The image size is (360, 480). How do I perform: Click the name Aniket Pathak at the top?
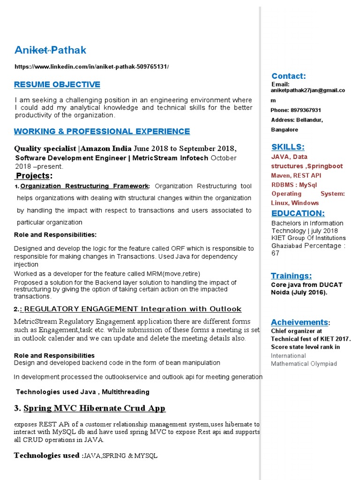point(50,50)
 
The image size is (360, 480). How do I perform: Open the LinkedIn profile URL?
point(91,67)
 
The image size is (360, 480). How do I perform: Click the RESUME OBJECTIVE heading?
point(57,84)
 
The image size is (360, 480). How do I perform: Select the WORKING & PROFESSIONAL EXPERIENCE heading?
point(102,131)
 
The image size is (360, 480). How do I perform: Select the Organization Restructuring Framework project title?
point(85,186)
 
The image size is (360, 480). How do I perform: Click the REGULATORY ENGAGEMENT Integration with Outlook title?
point(133,309)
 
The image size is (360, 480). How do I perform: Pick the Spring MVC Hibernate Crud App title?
point(94,408)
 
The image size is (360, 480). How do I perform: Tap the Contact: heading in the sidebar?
point(289,76)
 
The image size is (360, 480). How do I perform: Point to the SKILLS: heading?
point(288,147)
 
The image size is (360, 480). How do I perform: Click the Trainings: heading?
point(291,275)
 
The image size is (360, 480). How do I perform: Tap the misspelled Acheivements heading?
point(299,322)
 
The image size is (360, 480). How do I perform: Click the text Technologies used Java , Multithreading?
point(82,392)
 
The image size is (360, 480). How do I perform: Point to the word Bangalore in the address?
point(285,130)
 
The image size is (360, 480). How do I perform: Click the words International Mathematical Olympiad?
point(304,360)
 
